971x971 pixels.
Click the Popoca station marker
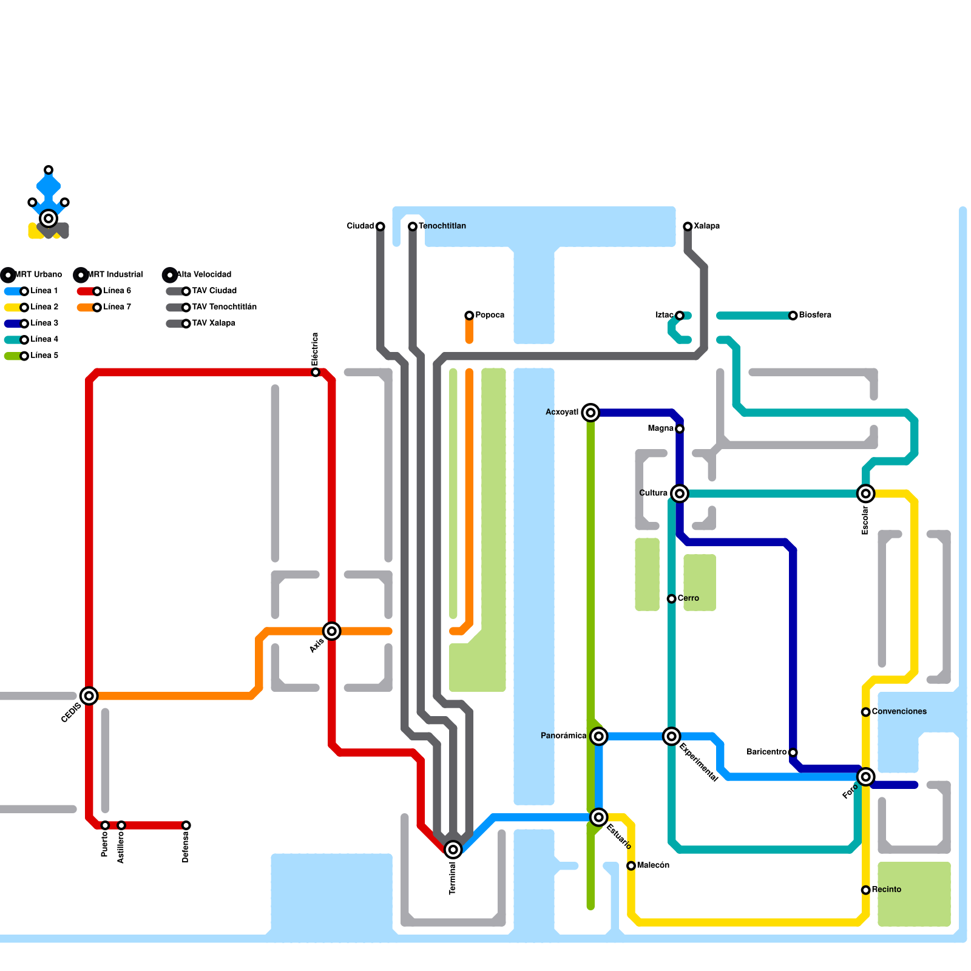click(469, 316)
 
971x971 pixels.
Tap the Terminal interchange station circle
click(453, 850)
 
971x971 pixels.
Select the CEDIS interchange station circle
click(89, 696)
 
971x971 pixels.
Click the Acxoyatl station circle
click(590, 413)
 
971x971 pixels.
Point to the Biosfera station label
click(815, 315)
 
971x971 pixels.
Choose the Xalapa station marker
click(688, 226)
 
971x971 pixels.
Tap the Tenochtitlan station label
click(442, 226)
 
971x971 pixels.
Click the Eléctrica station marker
click(316, 372)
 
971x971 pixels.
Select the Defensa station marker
click(186, 825)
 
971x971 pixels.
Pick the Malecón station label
click(653, 865)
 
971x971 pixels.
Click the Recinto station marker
click(866, 890)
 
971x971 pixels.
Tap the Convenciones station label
click(899, 711)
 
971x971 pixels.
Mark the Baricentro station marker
click(793, 753)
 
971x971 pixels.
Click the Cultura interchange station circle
click(680, 493)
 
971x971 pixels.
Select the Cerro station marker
click(672, 599)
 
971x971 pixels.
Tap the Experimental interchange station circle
click(671, 736)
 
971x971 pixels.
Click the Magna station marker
click(680, 429)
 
